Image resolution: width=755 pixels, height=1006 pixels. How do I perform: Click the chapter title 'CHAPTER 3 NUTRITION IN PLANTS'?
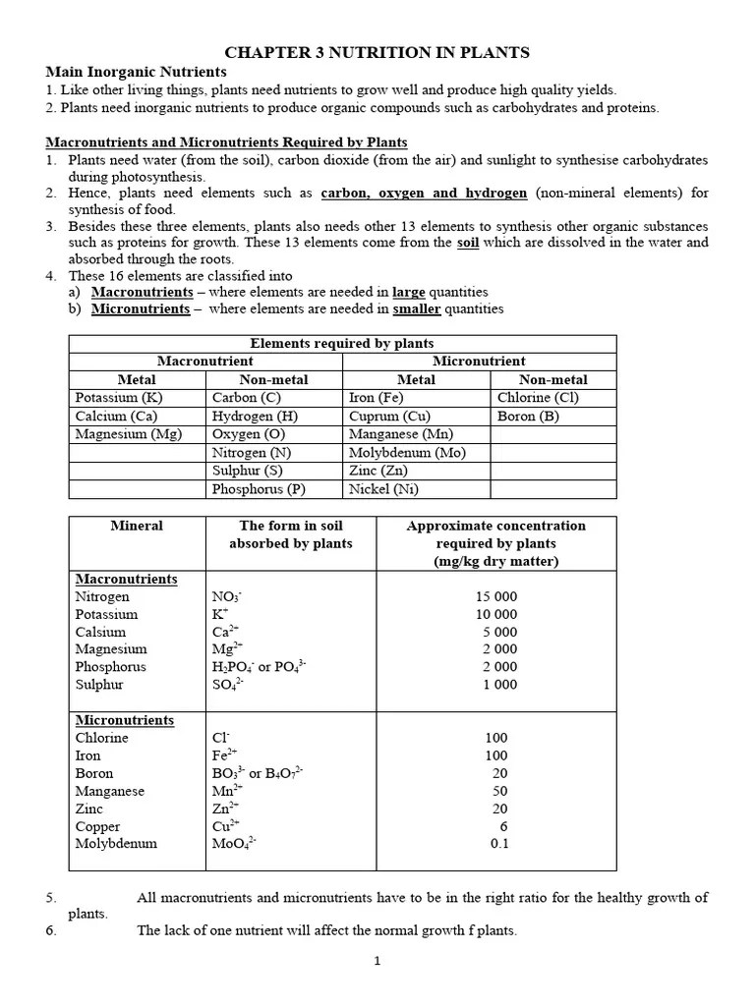click(x=377, y=52)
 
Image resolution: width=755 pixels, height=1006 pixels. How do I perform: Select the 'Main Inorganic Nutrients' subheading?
click(x=137, y=72)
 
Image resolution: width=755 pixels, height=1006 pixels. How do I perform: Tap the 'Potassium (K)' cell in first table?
click(x=119, y=398)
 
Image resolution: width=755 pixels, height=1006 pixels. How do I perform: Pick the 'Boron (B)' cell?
click(x=529, y=416)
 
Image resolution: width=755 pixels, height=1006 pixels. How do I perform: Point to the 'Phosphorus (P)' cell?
click(x=259, y=489)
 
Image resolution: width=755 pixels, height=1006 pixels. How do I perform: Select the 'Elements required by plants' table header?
click(x=342, y=343)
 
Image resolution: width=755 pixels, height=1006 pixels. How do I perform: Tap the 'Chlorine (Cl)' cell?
click(x=539, y=398)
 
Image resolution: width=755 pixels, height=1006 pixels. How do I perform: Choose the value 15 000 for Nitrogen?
click(x=496, y=596)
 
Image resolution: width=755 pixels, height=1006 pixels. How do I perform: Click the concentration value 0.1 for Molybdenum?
click(x=499, y=843)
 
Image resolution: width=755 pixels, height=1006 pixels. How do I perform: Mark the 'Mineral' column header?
click(x=137, y=526)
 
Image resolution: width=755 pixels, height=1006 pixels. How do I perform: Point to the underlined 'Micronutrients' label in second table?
click(x=125, y=720)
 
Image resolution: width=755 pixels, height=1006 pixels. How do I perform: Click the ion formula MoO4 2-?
click(x=234, y=843)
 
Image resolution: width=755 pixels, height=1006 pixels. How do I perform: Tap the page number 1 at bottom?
click(x=377, y=962)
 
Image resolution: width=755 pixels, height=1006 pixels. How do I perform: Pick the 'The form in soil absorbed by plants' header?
click(x=290, y=534)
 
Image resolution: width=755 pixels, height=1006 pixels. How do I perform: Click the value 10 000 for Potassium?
click(x=496, y=614)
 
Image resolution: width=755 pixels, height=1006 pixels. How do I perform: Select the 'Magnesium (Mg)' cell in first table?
click(x=129, y=434)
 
